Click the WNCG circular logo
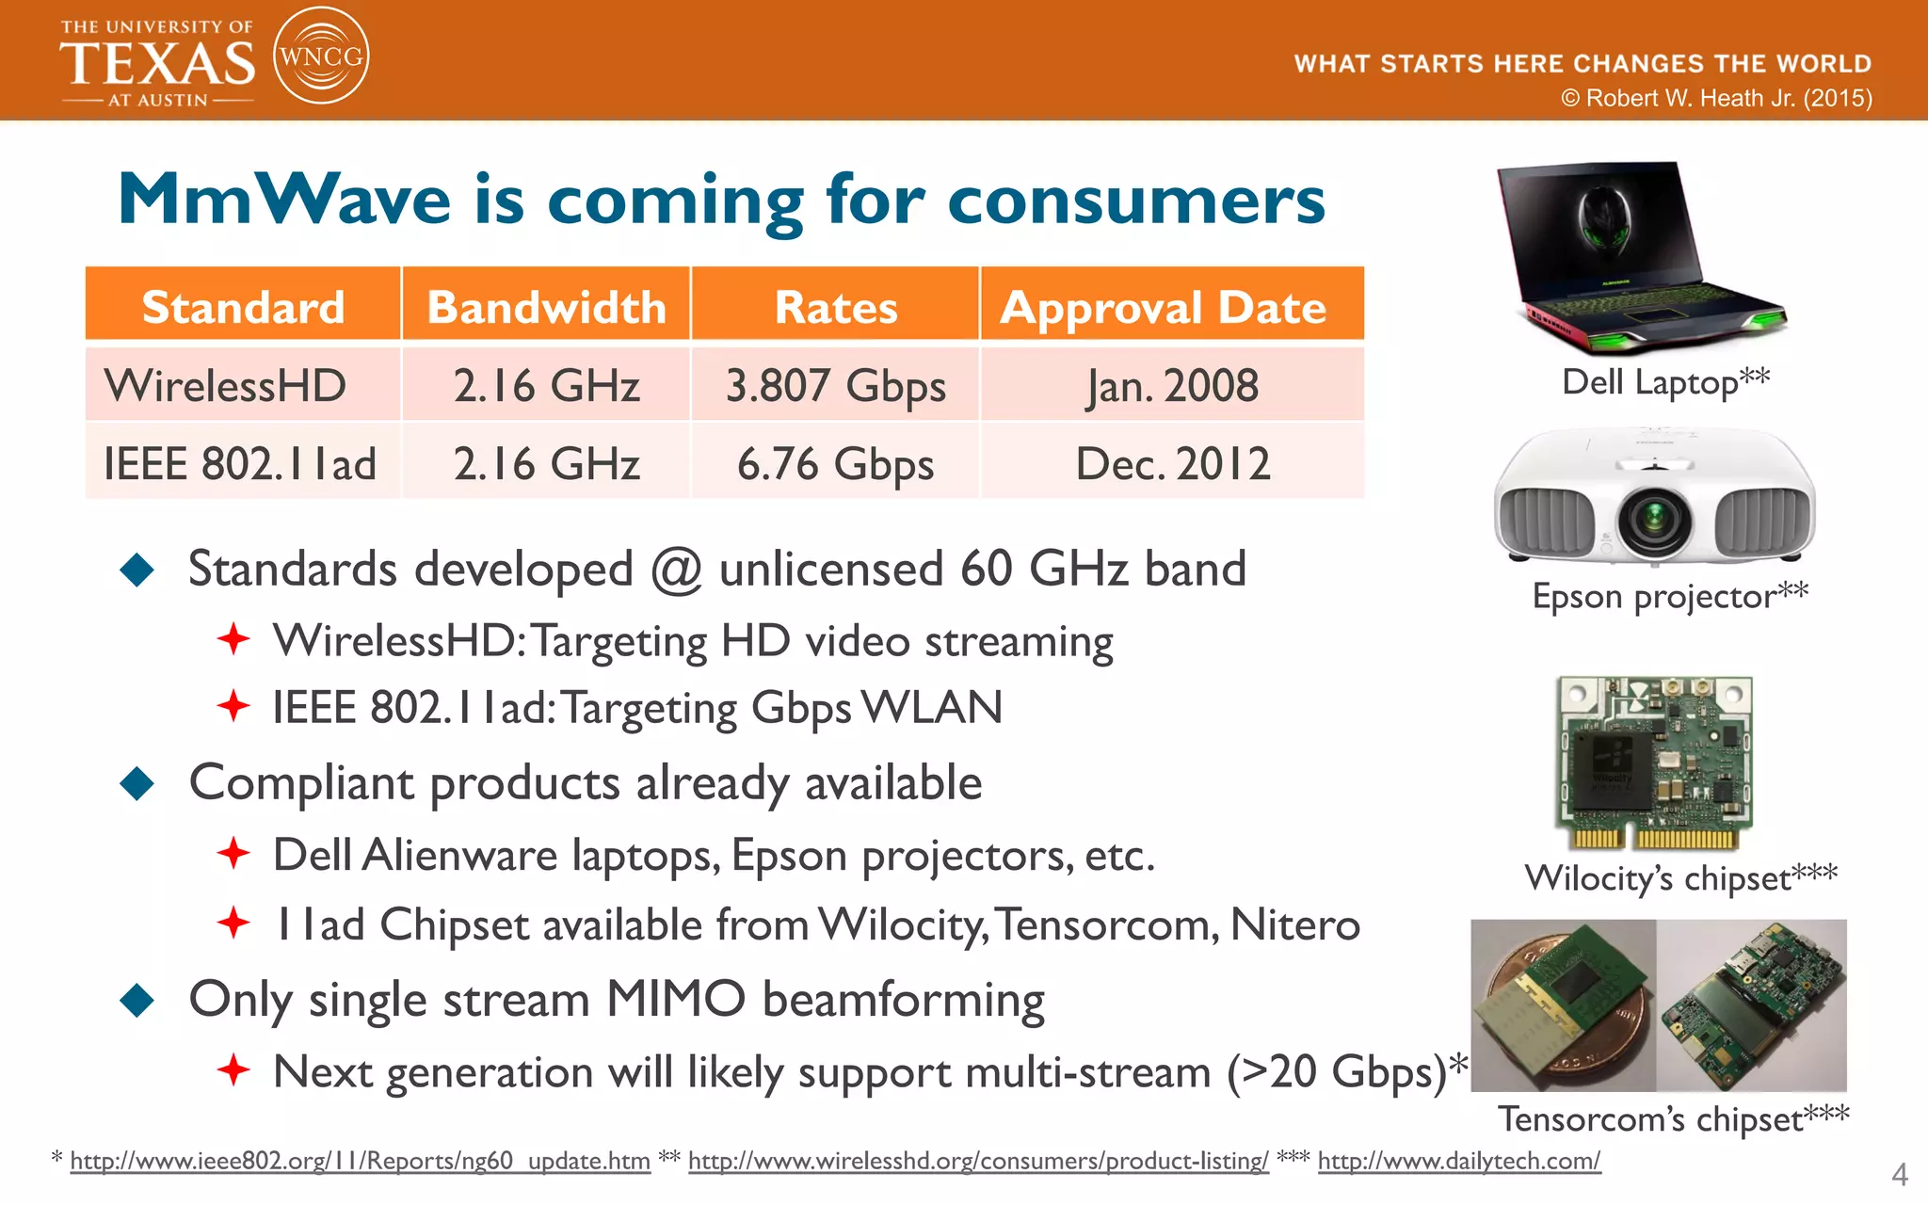coord(320,56)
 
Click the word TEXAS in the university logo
coord(157,64)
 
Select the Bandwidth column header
coord(546,307)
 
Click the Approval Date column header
coord(1164,307)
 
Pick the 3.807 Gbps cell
coord(835,386)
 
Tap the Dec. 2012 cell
coord(1173,464)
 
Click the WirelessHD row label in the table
coord(226,386)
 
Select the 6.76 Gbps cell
coord(835,464)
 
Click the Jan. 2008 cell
coord(1173,386)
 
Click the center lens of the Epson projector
coord(1654,517)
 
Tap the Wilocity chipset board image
coord(1654,763)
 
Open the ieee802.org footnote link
coord(360,1161)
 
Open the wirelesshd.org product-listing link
coord(978,1161)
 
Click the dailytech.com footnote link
coord(1458,1161)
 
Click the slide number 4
coord(1899,1174)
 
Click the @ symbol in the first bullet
coord(676,570)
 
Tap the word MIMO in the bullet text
coord(676,999)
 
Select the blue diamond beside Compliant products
coord(137,783)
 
